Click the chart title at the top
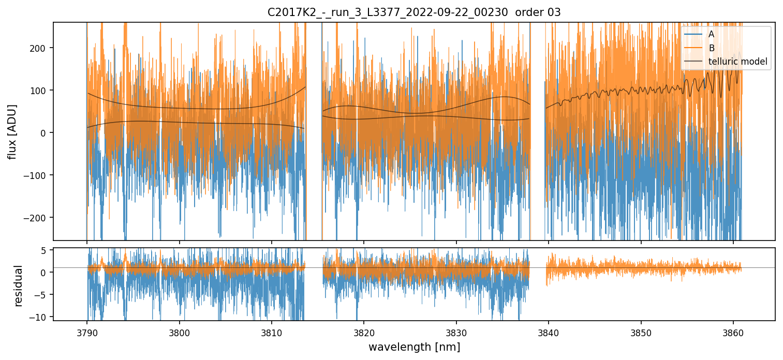(x=413, y=12)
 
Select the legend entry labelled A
(x=711, y=34)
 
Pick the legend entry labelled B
(x=711, y=48)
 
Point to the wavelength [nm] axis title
(x=413, y=347)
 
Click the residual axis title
(x=19, y=286)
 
